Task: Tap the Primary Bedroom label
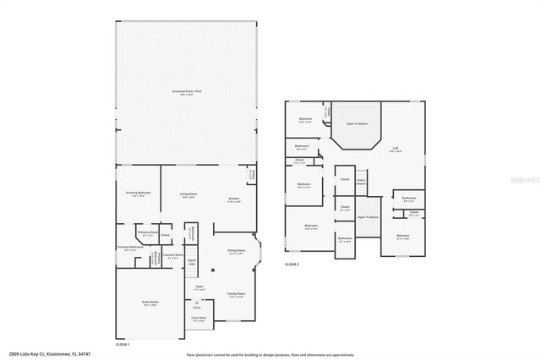139,194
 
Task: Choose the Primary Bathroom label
130,248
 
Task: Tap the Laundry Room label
173,257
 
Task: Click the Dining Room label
236,252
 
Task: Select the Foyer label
199,288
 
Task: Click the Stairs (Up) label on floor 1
192,262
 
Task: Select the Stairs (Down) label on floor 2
361,181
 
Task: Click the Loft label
395,150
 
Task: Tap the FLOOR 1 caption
123,344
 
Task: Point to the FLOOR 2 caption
292,265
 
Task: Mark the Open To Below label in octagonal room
357,124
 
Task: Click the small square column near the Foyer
212,270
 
